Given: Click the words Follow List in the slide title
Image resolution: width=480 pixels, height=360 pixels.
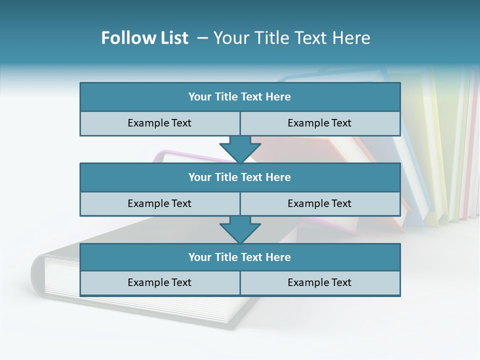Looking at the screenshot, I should tap(145, 38).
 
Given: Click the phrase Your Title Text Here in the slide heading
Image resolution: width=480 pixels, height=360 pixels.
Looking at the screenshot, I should tap(292, 38).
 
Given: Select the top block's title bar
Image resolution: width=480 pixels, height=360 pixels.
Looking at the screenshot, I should tap(240, 97).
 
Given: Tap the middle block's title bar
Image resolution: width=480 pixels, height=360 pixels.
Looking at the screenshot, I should tap(240, 177).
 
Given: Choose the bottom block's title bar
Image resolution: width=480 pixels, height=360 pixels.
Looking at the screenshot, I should tap(240, 257).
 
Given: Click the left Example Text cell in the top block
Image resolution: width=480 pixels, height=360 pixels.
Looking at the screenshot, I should tap(160, 123).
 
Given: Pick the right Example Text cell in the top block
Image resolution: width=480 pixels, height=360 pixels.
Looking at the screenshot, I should tap(320, 123).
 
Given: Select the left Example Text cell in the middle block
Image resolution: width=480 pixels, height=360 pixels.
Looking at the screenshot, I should tap(160, 203).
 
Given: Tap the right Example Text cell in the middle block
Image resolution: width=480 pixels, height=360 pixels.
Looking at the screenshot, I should tap(320, 203).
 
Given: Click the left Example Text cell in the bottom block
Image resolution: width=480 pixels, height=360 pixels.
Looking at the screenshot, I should tap(160, 282).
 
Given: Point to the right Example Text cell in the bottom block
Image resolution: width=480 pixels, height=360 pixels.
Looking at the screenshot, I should tap(320, 282).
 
